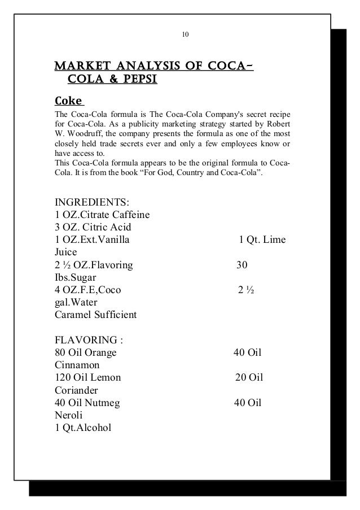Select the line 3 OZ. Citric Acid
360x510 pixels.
[x=93, y=228]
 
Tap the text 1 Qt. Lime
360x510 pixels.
[x=262, y=240]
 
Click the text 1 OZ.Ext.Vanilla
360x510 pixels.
[x=91, y=240]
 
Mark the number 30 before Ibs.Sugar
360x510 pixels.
[x=242, y=265]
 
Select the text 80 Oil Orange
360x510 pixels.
[x=85, y=352]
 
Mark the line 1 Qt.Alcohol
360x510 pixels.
[x=83, y=427]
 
